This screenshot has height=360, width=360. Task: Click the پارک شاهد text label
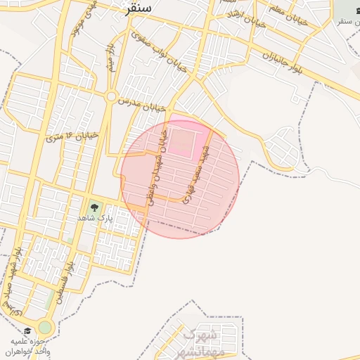pyautogui.click(x=95, y=219)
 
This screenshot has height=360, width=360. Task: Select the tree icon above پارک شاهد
pyautogui.click(x=94, y=207)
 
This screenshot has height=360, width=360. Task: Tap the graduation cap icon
pyautogui.click(x=28, y=330)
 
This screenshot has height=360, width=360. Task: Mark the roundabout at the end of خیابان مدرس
pyautogui.click(x=111, y=96)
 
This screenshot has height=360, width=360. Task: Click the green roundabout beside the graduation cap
pyautogui.click(x=46, y=328)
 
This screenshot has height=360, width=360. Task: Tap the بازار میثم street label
pyautogui.click(x=110, y=56)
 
